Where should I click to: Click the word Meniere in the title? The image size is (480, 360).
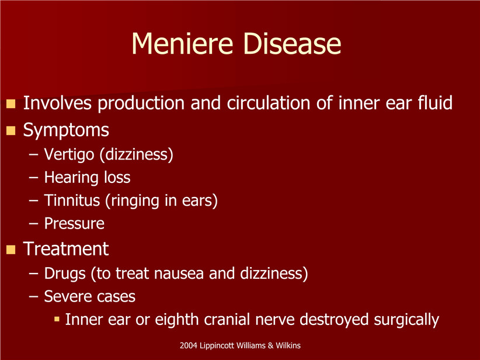(182, 43)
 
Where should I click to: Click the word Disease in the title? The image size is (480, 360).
(292, 43)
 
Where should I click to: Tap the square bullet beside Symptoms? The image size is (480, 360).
(11, 130)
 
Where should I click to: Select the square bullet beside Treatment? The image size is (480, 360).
(11, 250)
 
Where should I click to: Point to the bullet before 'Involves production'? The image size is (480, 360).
(11, 103)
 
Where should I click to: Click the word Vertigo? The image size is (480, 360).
(69, 154)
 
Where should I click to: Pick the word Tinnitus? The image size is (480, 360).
(72, 200)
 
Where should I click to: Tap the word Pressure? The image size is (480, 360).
(74, 223)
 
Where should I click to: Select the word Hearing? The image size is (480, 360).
(71, 178)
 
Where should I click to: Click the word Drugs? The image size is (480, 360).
(65, 274)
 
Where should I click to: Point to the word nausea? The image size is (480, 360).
(179, 274)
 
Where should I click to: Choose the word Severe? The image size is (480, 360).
(66, 296)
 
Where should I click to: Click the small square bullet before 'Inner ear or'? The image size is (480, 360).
(57, 319)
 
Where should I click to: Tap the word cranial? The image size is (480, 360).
(227, 319)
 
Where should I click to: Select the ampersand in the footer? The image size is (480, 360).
(270, 345)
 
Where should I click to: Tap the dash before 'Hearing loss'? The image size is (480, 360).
(34, 178)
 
